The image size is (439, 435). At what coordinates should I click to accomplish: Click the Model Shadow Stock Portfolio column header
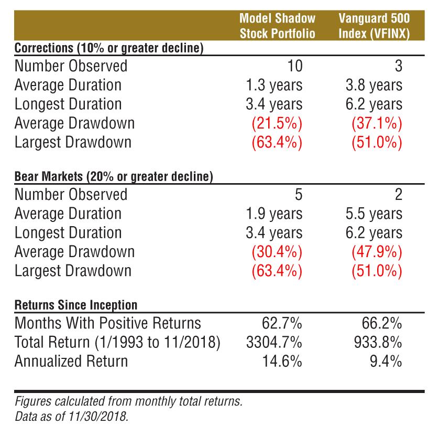pos(277,26)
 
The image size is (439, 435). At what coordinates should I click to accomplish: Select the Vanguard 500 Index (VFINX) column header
pos(374,26)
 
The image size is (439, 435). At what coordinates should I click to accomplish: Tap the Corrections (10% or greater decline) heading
pos(109,48)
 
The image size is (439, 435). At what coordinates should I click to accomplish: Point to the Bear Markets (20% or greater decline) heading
pos(113,177)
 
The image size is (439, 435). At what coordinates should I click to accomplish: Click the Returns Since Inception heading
pos(76,305)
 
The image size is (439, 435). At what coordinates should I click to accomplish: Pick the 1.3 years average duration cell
pos(274,85)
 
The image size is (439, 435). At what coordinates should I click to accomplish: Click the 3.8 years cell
pos(374,85)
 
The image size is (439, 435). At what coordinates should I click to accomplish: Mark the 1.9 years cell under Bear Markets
pos(274,214)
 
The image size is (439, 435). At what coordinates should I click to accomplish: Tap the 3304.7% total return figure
pos(274,342)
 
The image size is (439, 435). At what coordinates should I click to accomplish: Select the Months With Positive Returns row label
pos(107,323)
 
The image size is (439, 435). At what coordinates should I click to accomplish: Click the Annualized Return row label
pos(71,362)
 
